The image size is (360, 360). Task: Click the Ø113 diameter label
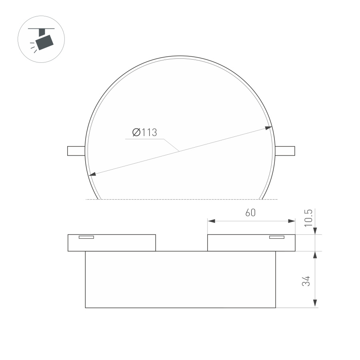144,132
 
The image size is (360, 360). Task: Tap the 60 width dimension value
250,213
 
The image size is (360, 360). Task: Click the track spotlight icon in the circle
41,39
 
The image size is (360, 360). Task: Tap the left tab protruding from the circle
76,151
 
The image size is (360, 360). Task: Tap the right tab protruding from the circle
285,151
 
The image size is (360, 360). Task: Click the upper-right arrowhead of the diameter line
268,128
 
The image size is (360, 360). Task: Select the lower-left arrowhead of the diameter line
92,174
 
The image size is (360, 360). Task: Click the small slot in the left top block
86,237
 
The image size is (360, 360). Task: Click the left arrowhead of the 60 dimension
211,221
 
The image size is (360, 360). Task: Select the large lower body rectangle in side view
180,280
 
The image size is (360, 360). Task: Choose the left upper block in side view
112,243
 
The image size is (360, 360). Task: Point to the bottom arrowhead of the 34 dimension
316,304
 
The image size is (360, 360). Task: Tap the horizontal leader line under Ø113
144,139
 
